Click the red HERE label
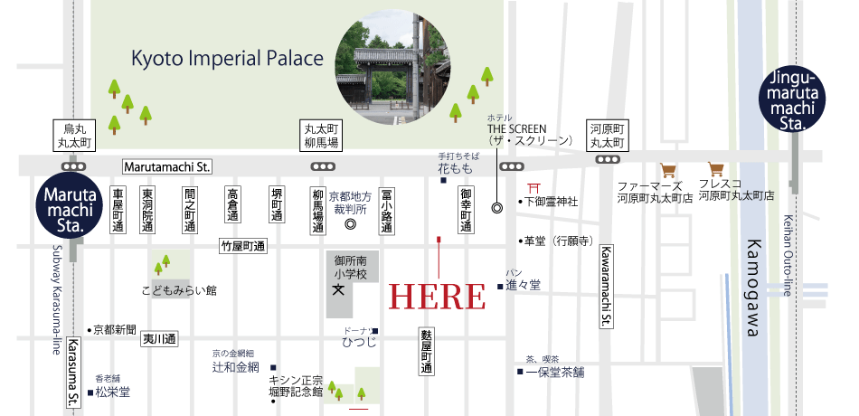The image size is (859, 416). pos(438,296)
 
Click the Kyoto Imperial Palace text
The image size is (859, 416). pos(227,60)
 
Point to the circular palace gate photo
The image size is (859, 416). pos(392,68)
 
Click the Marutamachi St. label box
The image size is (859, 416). pos(166,166)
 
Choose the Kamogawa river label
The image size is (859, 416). pos(750,288)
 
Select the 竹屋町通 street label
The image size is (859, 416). pos(241,246)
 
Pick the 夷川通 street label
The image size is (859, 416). pos(160,339)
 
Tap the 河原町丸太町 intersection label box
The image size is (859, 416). pos(607,135)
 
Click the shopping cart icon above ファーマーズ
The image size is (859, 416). pos(669,169)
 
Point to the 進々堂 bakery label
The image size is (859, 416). pos(523,285)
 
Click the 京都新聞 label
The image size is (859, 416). pos(115,329)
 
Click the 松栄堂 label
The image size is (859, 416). pos(113,392)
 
